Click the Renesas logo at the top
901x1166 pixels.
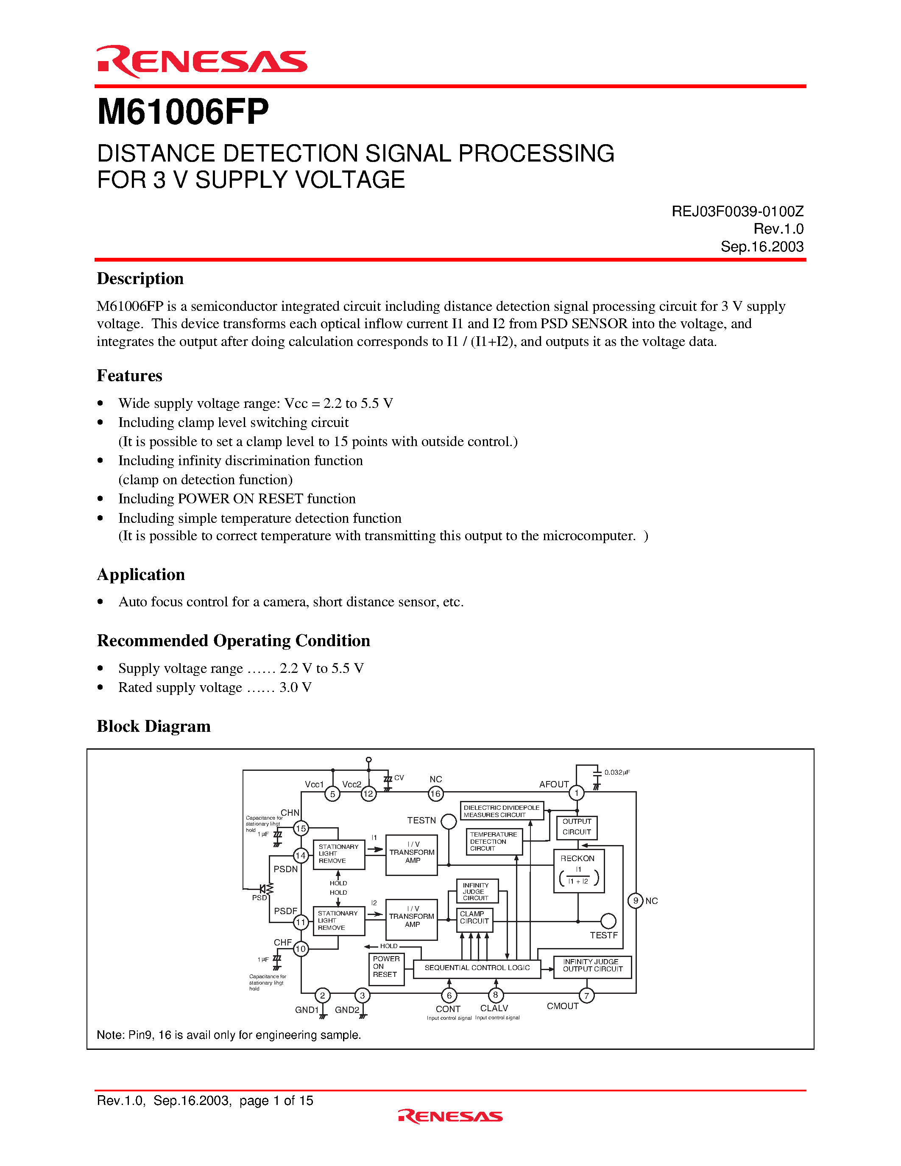(202, 61)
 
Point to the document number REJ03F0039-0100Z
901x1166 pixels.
(737, 212)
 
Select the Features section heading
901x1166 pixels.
(129, 376)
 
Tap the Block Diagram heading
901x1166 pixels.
(154, 727)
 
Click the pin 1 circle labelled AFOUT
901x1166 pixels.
(577, 793)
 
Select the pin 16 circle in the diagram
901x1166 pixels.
(435, 794)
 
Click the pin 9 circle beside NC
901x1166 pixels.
(635, 901)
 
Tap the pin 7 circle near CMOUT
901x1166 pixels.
(586, 996)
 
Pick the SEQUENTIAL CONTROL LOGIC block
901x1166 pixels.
(477, 968)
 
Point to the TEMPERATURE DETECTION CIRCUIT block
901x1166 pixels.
(494, 841)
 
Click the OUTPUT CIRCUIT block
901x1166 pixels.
(577, 827)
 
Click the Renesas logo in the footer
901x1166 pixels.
(450, 1116)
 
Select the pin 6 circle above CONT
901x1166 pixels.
(449, 996)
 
